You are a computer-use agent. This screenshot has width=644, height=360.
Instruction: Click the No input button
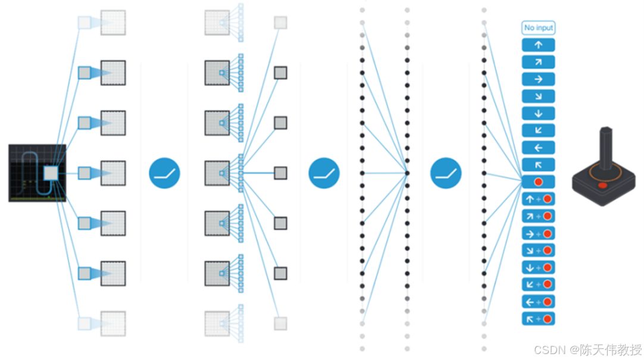538,27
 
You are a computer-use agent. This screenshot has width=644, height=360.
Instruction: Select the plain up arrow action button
538,45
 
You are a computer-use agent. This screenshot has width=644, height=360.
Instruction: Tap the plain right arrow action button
538,79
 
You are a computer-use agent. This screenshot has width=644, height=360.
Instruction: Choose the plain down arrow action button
538,113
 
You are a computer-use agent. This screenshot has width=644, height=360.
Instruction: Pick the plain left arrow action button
538,148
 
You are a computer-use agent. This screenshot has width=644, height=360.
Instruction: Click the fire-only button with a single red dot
538,181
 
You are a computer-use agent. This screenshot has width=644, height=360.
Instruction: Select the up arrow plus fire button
538,199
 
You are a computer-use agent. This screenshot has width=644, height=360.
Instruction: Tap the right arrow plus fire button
538,233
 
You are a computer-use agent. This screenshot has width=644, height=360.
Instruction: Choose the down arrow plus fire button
538,267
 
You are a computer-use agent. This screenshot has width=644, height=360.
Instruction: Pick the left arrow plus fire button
538,302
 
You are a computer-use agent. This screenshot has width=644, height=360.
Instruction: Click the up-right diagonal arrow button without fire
538,62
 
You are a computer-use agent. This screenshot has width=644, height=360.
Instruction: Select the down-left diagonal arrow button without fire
538,130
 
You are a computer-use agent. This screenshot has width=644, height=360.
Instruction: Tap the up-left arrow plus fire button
538,319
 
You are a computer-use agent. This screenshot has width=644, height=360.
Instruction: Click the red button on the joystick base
603,186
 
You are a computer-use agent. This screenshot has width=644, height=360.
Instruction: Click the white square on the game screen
51,173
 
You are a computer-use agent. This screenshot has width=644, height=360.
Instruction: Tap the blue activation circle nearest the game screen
164,173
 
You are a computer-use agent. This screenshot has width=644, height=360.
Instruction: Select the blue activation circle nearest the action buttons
446,173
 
